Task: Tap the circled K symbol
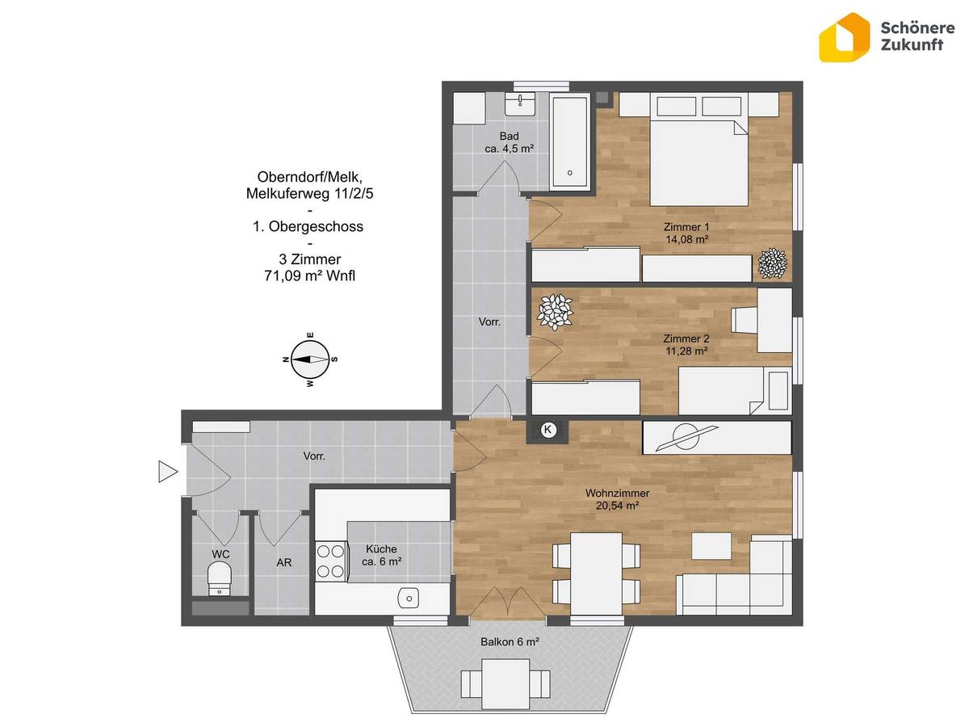[547, 429]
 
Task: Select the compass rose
[310, 359]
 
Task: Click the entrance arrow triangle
[168, 472]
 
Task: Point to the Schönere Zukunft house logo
[844, 37]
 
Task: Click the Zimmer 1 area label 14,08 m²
[687, 240]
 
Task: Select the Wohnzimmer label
[617, 493]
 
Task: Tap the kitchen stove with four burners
[330, 561]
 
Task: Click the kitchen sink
[409, 599]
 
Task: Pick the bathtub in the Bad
[569, 142]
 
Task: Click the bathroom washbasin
[519, 104]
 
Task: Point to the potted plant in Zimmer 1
[772, 263]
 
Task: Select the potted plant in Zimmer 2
[555, 312]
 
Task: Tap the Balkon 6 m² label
[510, 642]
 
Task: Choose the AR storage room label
[284, 562]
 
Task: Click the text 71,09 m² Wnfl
[309, 276]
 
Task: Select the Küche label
[381, 548]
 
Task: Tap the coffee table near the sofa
[711, 546]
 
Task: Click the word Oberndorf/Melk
[309, 177]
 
